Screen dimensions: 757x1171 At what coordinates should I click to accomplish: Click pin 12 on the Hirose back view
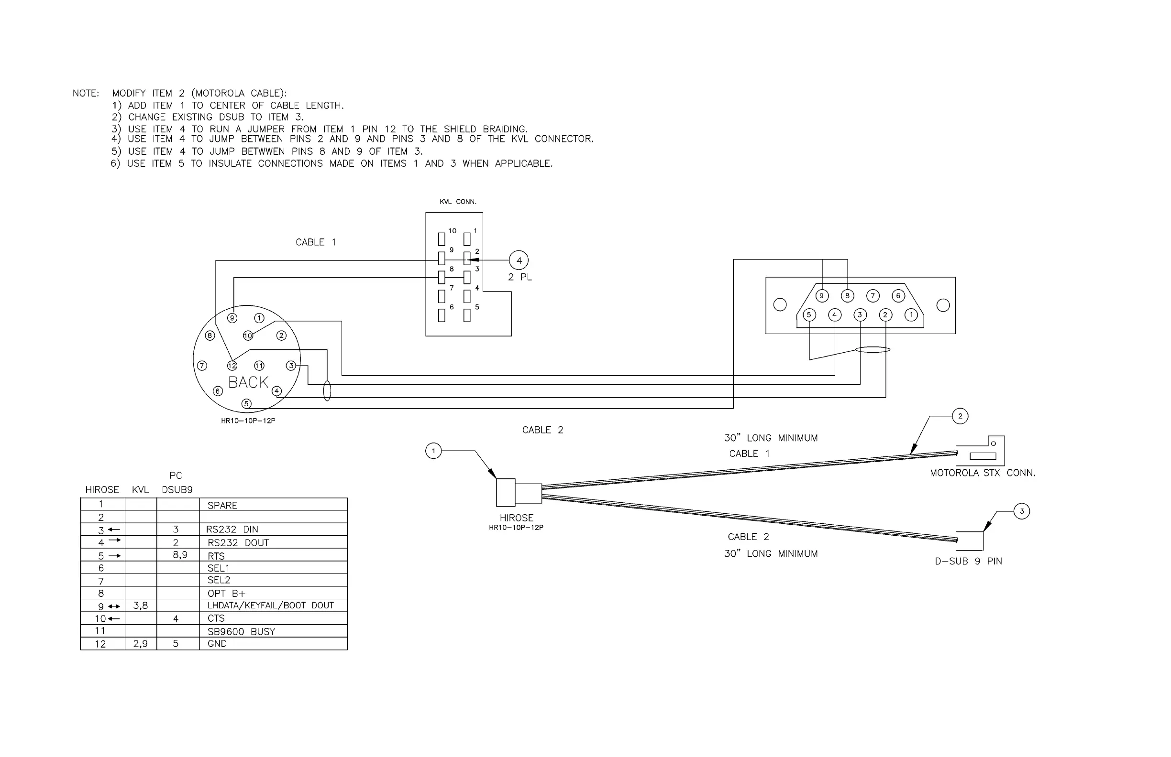click(x=232, y=366)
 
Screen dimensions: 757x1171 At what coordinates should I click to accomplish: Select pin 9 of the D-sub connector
click(x=822, y=296)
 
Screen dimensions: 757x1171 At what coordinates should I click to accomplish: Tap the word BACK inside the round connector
click(x=248, y=382)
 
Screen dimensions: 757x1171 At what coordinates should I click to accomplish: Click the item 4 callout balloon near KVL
click(x=519, y=260)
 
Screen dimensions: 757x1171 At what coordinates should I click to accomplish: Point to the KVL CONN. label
click(x=458, y=202)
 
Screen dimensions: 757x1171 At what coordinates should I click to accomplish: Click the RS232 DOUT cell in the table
click(x=238, y=543)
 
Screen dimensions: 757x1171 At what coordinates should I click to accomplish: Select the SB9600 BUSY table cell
click(x=241, y=632)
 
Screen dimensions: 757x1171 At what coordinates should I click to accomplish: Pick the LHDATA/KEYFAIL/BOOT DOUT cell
click(x=271, y=606)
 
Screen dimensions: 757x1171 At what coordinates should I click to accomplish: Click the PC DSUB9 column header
click(x=177, y=483)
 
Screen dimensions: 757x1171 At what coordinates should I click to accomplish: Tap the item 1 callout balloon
click(x=433, y=451)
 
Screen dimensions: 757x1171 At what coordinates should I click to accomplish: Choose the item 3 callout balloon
click(x=1022, y=511)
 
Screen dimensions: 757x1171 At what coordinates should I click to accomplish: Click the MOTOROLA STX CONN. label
click(x=983, y=473)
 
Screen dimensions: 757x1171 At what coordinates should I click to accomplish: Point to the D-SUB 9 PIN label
click(x=968, y=562)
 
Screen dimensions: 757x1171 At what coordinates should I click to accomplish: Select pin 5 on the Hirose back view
click(x=247, y=404)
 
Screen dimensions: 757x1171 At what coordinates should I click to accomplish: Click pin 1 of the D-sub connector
click(x=911, y=314)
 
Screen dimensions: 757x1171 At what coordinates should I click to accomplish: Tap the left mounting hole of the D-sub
click(x=780, y=305)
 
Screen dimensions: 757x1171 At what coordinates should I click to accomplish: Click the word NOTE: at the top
click(x=86, y=93)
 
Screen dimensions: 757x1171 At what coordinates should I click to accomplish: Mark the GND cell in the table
click(x=217, y=644)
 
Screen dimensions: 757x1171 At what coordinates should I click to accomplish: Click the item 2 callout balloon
click(x=960, y=416)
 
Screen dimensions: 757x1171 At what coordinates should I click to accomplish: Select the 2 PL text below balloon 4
click(x=519, y=277)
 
